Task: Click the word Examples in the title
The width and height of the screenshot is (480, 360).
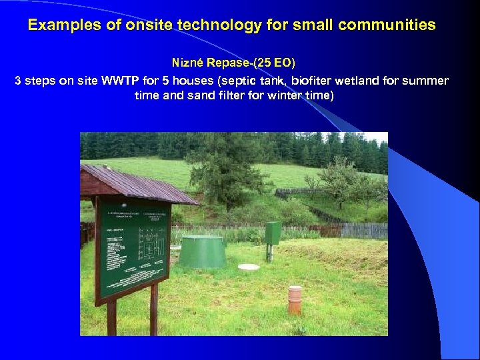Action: pyautogui.click(x=60, y=25)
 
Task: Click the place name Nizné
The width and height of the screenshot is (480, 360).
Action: pyautogui.click(x=189, y=63)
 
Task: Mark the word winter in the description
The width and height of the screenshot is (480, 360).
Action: pyautogui.click(x=271, y=95)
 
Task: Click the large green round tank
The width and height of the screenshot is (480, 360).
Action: pyautogui.click(x=203, y=252)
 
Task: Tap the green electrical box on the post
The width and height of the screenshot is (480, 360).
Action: pyautogui.click(x=273, y=233)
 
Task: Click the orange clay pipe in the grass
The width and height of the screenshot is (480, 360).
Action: pyautogui.click(x=295, y=299)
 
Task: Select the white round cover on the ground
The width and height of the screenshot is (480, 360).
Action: pyautogui.click(x=248, y=267)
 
